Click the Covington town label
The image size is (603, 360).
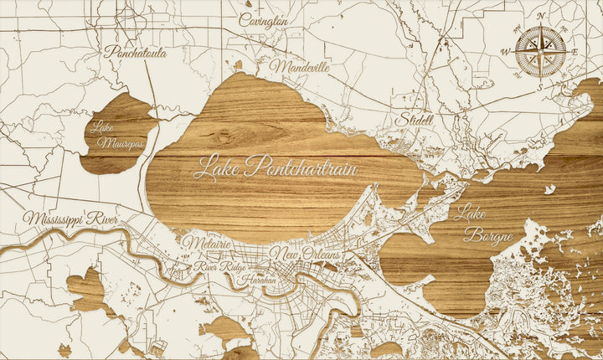pyautogui.click(x=263, y=19)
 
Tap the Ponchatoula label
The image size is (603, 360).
pyautogui.click(x=135, y=52)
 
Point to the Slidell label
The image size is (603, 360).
pyautogui.click(x=416, y=120)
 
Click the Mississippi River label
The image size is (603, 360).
pyautogui.click(x=70, y=219)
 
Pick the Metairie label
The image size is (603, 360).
pyautogui.click(x=206, y=243)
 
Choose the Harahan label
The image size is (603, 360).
pyautogui.click(x=257, y=280)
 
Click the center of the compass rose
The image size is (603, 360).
pyautogui.click(x=540, y=50)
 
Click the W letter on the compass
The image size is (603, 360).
pyautogui.click(x=505, y=52)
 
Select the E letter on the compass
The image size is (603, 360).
pyautogui.click(x=575, y=51)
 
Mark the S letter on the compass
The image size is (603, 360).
pyautogui.click(x=541, y=85)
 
